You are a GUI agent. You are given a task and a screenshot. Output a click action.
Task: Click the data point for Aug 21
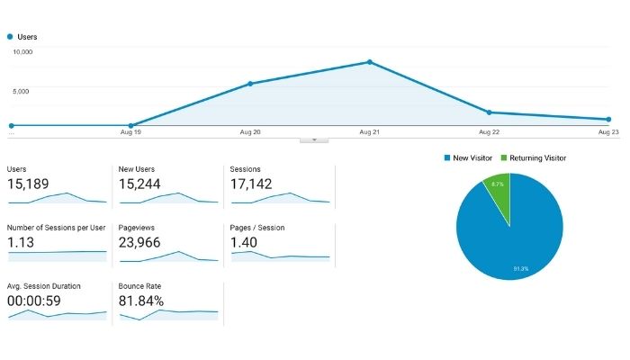point(369,62)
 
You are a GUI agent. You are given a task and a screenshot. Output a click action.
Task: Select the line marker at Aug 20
point(250,84)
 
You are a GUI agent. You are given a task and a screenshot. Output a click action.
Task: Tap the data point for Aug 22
point(489,112)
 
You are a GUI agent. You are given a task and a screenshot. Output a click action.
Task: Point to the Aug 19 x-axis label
point(131,132)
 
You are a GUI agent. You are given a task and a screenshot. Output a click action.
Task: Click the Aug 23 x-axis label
point(608,132)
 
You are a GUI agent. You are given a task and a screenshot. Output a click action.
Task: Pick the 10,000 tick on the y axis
point(22,52)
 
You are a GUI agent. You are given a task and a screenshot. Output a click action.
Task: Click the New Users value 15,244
point(140,184)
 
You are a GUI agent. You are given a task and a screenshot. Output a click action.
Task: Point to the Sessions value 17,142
point(253,184)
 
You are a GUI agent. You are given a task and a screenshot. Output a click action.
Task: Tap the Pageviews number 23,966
point(141,243)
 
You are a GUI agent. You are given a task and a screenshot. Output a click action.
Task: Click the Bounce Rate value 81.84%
point(142,301)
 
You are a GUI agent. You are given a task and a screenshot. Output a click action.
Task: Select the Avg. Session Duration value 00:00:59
point(34,301)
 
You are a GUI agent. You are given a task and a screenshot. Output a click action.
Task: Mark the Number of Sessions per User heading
point(56,228)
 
